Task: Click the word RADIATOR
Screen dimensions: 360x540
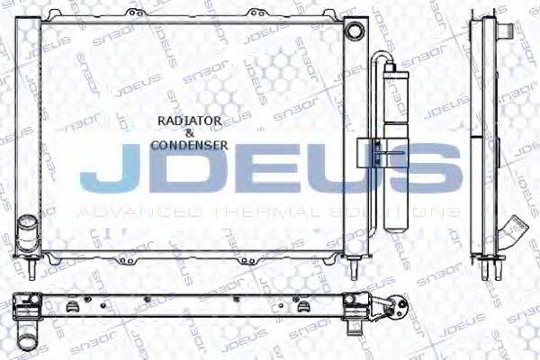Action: pos(190,120)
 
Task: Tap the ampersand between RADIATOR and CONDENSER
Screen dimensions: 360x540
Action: pos(190,131)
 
